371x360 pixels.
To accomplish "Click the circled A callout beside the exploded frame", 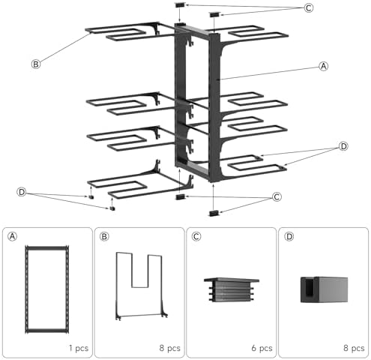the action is tap(324, 66).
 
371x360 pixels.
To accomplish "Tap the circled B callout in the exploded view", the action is tap(36, 64).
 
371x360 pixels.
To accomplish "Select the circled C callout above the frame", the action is tap(309, 8).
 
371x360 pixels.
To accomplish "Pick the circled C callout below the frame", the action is tap(277, 197).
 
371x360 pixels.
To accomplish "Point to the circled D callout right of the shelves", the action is tap(343, 146).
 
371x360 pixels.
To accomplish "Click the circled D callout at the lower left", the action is tap(22, 192).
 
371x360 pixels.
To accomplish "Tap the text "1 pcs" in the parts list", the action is tap(79, 348).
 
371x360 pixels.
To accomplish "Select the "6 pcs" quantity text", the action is tap(262, 348).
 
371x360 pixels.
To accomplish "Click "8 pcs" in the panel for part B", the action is tap(170, 348).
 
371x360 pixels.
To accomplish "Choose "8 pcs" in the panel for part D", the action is tap(354, 348).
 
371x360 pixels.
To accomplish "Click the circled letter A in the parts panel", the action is tap(13, 236).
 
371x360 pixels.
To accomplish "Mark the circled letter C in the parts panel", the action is tap(196, 236).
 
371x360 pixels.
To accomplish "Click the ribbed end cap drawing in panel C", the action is tap(232, 289).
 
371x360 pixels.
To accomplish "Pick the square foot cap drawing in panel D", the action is tap(324, 289).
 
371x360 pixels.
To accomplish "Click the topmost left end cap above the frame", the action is tap(181, 4).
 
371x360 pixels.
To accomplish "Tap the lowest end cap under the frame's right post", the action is tap(214, 213).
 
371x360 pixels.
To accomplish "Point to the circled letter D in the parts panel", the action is tap(289, 236).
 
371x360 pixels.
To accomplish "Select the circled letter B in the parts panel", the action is tap(104, 236).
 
